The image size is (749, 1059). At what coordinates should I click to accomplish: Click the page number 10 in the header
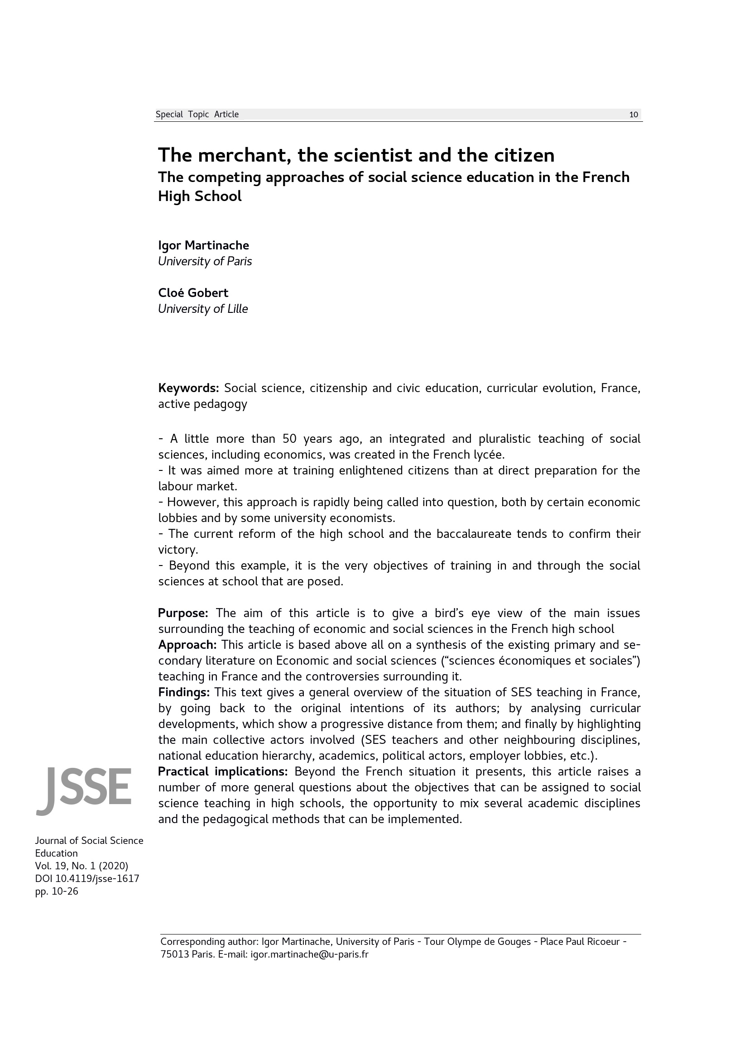point(633,115)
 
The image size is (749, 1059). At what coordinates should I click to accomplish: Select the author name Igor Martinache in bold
point(203,245)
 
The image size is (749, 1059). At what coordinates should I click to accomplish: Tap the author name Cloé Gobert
point(193,293)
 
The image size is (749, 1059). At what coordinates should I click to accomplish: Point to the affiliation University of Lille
point(203,309)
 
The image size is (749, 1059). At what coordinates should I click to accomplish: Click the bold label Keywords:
point(188,388)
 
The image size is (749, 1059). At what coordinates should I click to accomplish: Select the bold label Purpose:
point(183,613)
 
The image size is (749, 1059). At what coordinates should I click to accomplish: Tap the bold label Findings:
point(184,692)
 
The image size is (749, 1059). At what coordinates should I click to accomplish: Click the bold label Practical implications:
point(223,771)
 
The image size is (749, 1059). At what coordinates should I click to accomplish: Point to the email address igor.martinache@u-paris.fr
point(309,954)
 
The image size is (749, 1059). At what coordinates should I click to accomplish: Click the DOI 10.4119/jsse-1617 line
point(87,879)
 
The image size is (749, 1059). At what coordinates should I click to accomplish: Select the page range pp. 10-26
point(57,891)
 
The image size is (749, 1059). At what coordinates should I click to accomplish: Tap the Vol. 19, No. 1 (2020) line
point(82,866)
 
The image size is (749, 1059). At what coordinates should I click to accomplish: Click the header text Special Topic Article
point(197,115)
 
